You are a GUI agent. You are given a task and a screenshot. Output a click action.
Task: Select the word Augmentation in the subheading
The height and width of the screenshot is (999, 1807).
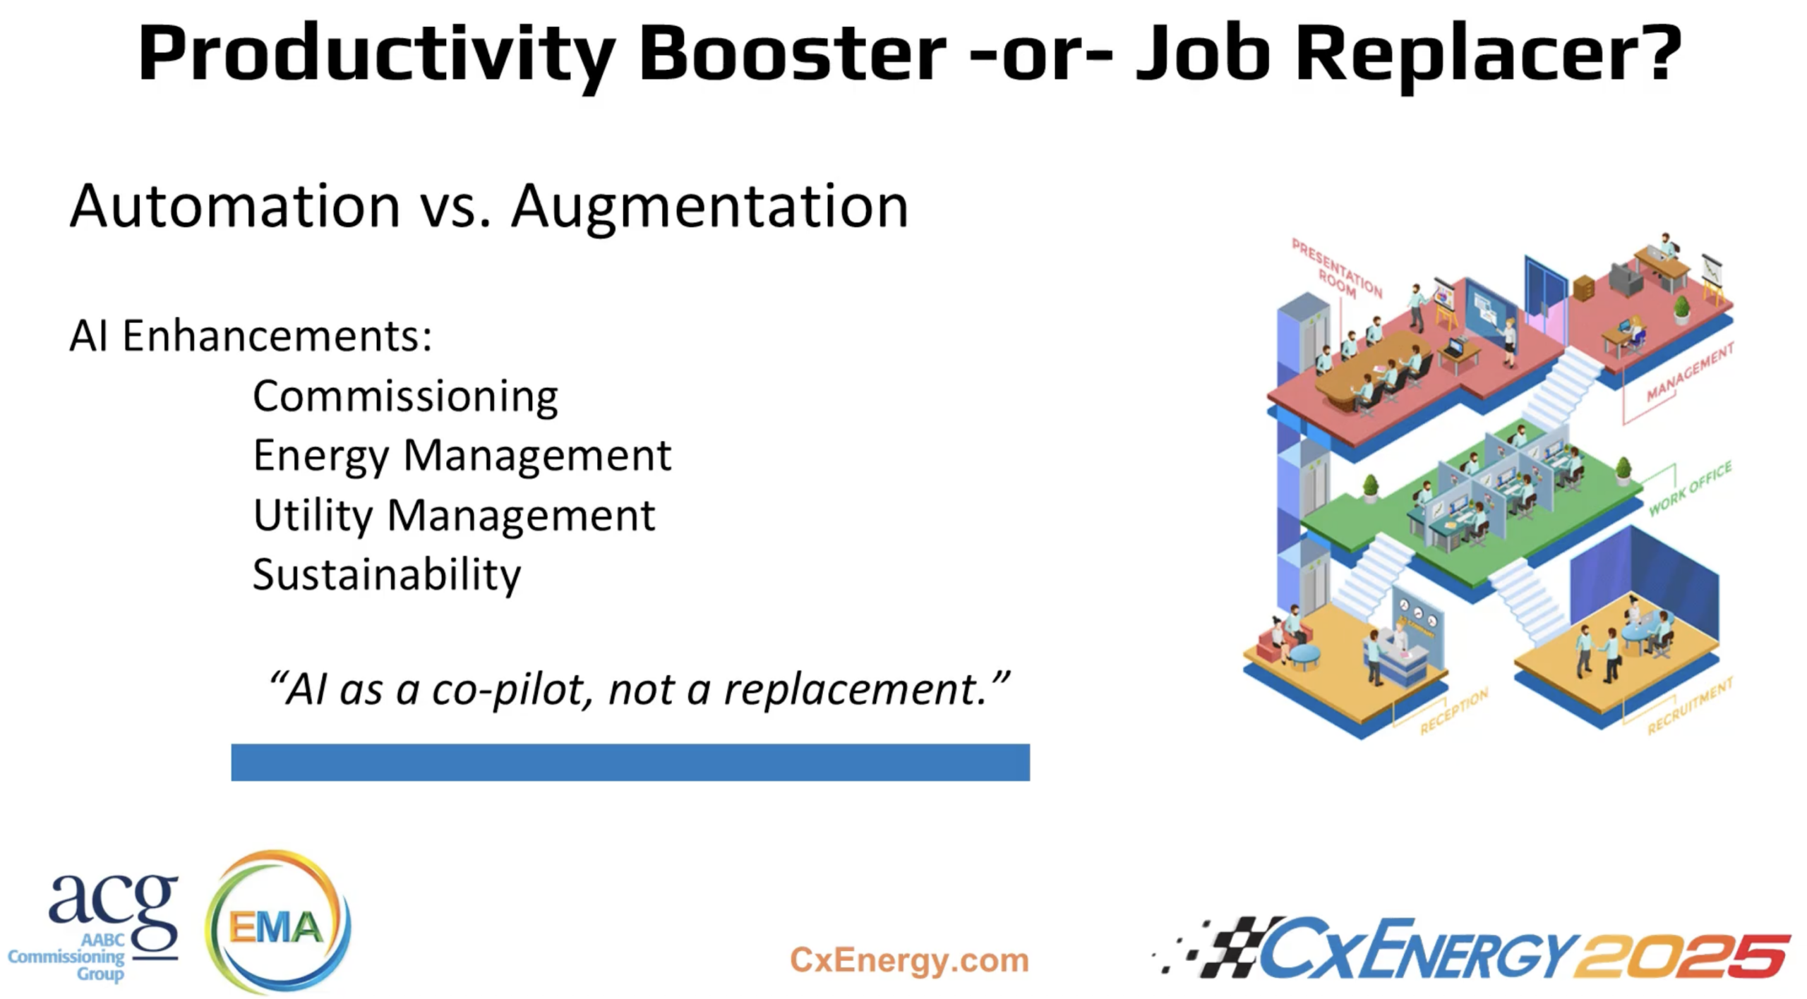pos(709,207)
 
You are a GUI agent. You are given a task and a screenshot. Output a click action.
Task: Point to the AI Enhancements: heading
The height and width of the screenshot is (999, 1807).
pos(251,336)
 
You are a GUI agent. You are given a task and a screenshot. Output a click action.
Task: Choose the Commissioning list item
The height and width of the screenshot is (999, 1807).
pos(405,396)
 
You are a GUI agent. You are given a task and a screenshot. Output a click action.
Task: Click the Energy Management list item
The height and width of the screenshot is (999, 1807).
pos(462,456)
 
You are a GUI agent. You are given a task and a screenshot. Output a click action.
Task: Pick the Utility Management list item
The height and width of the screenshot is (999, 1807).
pos(454,516)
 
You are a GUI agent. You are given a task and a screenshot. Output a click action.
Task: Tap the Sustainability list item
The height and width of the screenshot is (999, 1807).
pos(387,575)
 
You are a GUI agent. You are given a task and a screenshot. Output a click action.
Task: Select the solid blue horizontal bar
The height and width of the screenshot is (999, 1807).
pos(630,762)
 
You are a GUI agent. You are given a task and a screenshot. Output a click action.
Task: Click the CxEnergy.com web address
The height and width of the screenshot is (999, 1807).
pos(908,960)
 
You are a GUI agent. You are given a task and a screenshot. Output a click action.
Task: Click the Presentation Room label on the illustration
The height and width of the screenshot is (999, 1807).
pos(1336,269)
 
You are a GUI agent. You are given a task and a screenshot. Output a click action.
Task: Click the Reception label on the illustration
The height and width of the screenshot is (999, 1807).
pos(1453,711)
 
